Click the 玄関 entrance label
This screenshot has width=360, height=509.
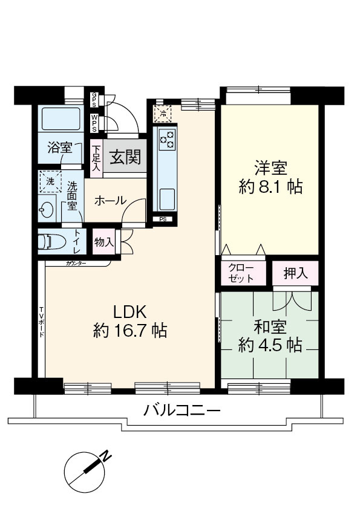tap(125, 158)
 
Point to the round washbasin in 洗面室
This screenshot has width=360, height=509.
tap(45, 211)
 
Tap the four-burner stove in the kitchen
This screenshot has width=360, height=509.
tap(166, 140)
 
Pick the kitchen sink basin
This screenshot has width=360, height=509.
tap(166, 198)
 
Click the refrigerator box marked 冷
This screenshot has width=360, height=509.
tap(162, 113)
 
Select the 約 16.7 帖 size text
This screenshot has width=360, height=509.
tap(130, 331)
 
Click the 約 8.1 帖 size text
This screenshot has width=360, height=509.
tap(270, 187)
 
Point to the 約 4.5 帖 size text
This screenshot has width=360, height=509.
tap(270, 345)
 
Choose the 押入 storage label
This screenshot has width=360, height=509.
tap(295, 273)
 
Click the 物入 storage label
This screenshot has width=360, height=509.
tap(103, 242)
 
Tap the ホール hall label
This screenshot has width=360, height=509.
tap(110, 200)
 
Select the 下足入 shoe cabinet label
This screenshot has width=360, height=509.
tap(96, 158)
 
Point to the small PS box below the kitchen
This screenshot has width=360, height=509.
tap(163, 219)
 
